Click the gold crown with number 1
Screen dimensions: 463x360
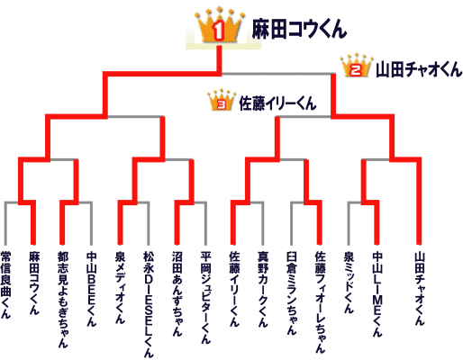click(x=219, y=25)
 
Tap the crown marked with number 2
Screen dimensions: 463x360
click(x=356, y=66)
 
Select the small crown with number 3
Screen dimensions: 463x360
click(x=222, y=100)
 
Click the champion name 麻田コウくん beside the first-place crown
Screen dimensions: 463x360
click(x=299, y=29)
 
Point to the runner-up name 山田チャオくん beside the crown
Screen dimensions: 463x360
click(x=419, y=69)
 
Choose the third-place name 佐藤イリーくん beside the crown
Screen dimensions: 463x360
click(x=277, y=103)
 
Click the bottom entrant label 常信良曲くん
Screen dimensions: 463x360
click(x=5, y=285)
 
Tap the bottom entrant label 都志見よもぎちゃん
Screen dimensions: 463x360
click(x=63, y=300)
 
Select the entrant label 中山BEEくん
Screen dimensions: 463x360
click(x=91, y=289)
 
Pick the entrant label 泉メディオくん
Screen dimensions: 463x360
click(x=120, y=287)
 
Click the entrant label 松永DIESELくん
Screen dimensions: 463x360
click(x=149, y=304)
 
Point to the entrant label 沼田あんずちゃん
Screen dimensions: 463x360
click(x=177, y=293)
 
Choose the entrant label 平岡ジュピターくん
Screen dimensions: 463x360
click(x=206, y=297)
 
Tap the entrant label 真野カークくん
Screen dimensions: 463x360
click(x=263, y=289)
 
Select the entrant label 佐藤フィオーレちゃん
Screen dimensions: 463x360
click(x=320, y=302)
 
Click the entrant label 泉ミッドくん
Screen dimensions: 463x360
click(x=349, y=282)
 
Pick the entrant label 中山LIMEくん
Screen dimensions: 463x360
click(x=377, y=293)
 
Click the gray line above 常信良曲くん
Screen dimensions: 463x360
click(x=5, y=223)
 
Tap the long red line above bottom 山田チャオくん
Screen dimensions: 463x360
click(x=419, y=201)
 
